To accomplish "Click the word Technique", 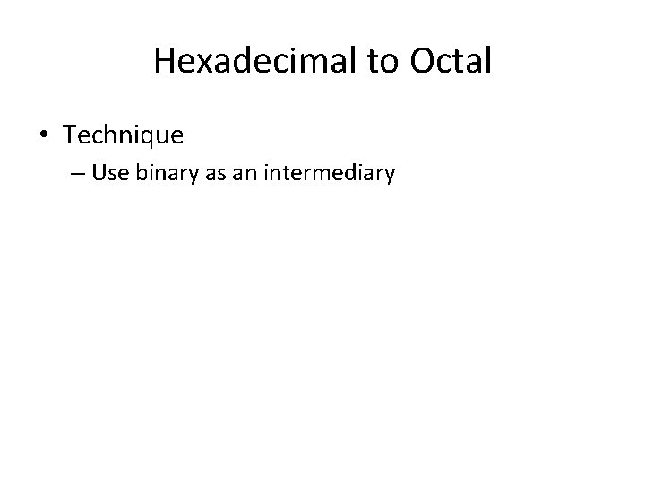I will click(124, 135).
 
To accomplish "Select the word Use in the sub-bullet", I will click(110, 173).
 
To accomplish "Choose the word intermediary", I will click(329, 173).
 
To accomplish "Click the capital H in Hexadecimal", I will click(164, 61).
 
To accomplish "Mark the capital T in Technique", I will click(70, 135).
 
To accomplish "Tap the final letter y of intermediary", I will click(389, 176).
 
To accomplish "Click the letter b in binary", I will click(140, 173).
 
